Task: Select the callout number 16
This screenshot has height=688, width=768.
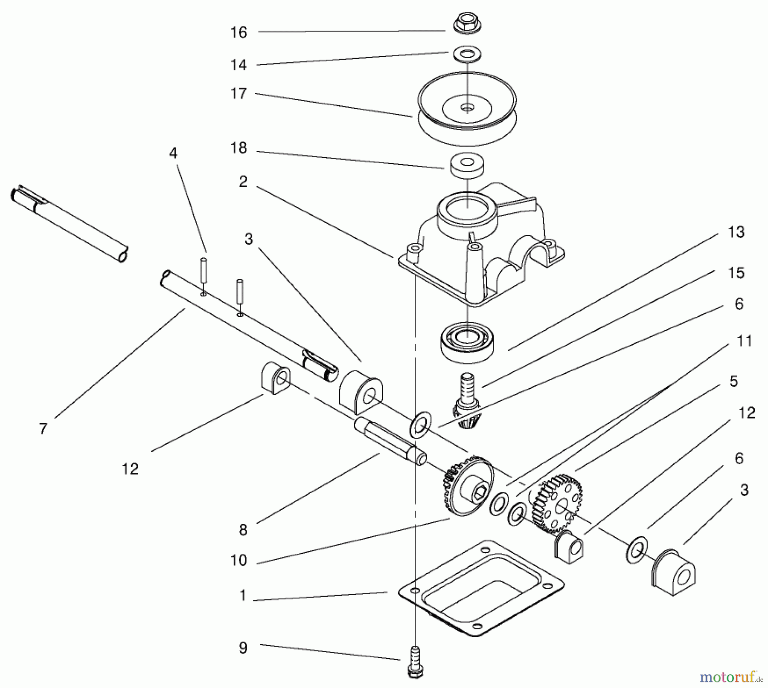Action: click(x=239, y=32)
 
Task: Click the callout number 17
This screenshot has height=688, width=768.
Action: click(x=239, y=93)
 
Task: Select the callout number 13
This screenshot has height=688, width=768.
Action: click(x=736, y=232)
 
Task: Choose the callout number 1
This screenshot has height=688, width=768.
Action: click(x=243, y=595)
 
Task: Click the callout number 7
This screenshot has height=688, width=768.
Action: click(x=43, y=428)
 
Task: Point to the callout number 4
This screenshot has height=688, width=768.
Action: click(x=173, y=153)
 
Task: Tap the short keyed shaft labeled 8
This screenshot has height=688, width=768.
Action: click(x=390, y=439)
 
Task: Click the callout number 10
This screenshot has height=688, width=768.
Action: click(x=239, y=560)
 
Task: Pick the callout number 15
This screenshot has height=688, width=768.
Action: click(x=736, y=273)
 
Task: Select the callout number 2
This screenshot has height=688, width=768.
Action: click(x=243, y=182)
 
